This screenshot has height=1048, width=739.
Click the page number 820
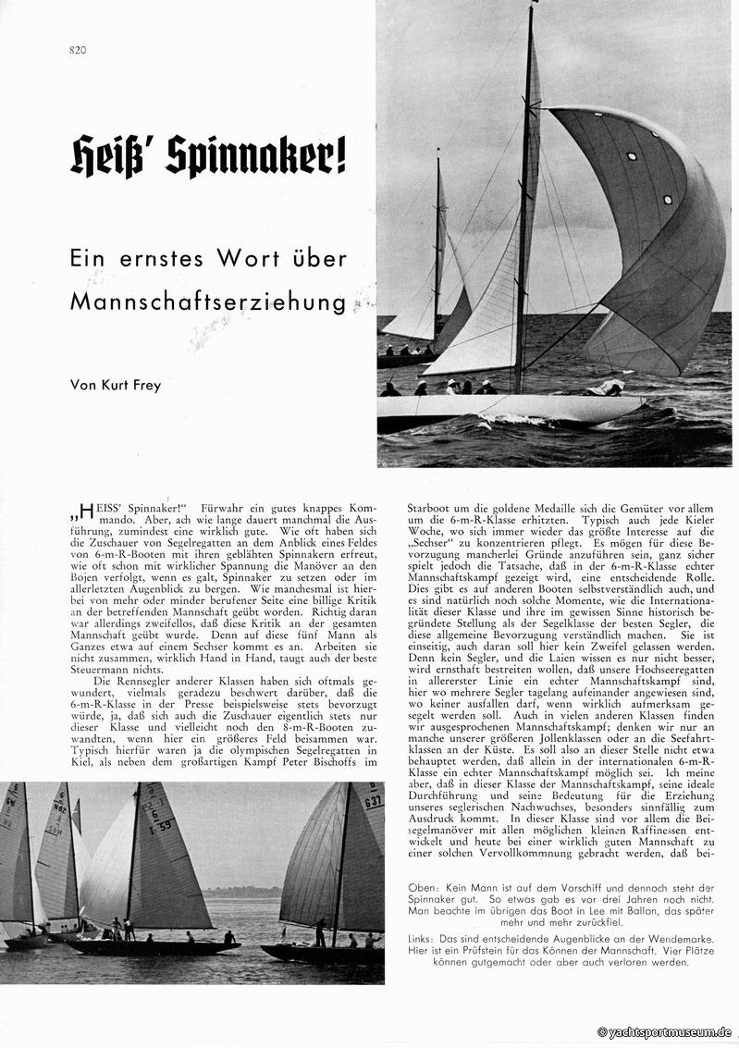pyautogui.click(x=77, y=50)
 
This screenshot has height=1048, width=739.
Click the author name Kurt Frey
pyautogui.click(x=129, y=386)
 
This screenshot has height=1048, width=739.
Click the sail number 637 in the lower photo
pyautogui.click(x=372, y=800)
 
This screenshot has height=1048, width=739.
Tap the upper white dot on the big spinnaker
pyautogui.click(x=632, y=155)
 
